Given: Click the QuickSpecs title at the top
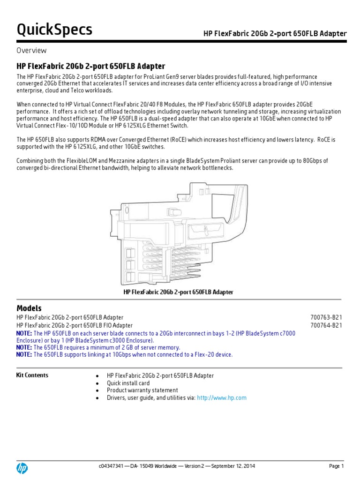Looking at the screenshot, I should [x=54, y=30].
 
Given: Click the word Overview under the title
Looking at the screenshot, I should [x=31, y=51].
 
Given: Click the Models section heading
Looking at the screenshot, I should [x=29, y=308].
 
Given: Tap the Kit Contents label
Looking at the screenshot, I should [x=32, y=375].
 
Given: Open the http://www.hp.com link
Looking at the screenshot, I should [x=222, y=398].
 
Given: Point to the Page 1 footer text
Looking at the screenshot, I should [x=336, y=466].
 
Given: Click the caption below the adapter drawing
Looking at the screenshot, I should [x=178, y=292].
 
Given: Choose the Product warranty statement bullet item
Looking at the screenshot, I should [x=142, y=390].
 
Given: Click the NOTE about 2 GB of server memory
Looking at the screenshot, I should [x=98, y=347].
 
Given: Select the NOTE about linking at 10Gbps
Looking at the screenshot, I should [x=124, y=355].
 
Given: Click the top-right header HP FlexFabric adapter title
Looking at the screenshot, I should [x=275, y=34].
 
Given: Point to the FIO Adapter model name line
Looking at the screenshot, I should [x=75, y=325].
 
